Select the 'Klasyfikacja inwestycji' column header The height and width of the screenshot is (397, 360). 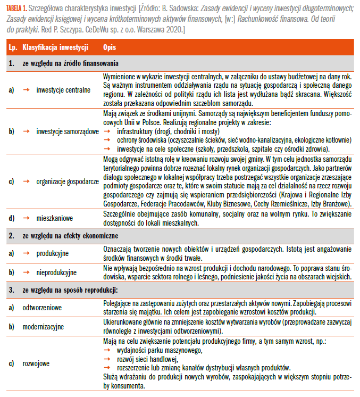coord(55,47)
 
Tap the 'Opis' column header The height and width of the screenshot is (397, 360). coord(110,47)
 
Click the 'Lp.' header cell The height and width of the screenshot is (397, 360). coord(12,47)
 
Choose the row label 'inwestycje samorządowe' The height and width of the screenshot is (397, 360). coord(68,131)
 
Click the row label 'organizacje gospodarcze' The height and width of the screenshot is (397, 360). coord(68,180)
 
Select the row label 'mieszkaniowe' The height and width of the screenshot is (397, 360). coord(54,218)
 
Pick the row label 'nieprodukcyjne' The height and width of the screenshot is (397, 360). coord(56,272)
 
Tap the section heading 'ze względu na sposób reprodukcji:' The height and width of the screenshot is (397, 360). coord(65,290)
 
